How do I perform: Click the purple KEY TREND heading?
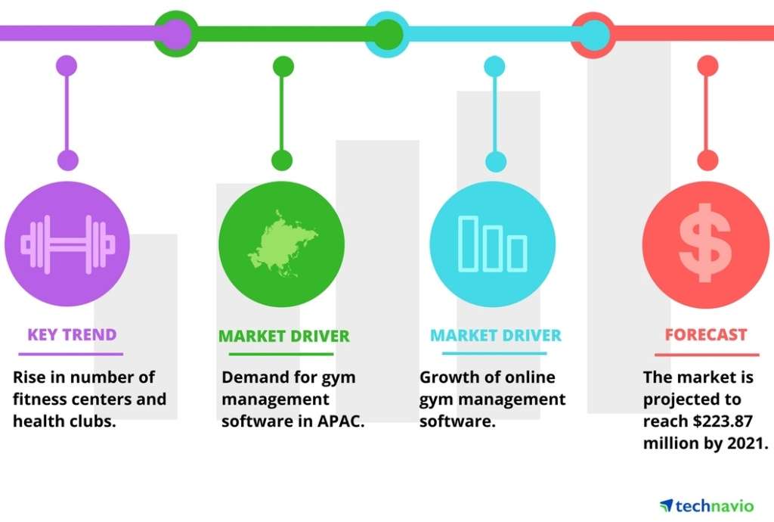[72, 334]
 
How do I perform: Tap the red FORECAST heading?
[706, 334]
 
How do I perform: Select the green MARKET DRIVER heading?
[284, 336]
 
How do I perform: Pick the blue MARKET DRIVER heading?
[496, 335]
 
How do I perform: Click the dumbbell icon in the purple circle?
[67, 244]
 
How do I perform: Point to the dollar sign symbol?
[705, 243]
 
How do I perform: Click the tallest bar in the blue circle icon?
[468, 244]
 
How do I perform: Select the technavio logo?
[707, 505]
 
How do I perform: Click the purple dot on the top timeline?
[175, 34]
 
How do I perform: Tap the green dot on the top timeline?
[388, 34]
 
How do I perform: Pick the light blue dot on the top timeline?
[595, 35]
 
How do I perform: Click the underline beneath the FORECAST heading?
[707, 355]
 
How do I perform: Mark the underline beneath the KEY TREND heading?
[70, 354]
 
